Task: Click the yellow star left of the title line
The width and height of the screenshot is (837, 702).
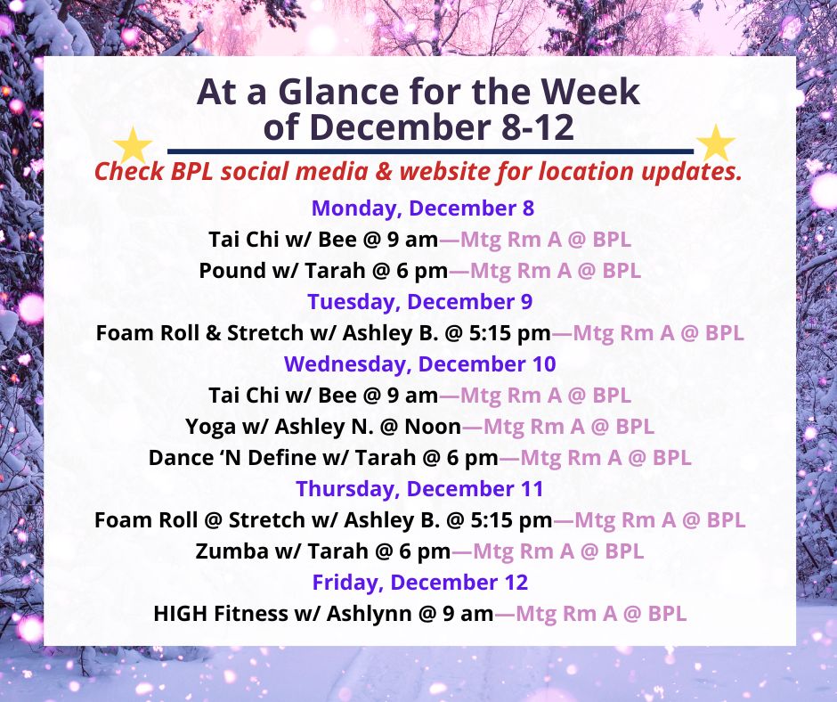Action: point(134,145)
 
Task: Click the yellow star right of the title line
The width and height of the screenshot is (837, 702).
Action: point(715,143)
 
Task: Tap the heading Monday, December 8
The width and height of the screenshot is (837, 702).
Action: point(423,208)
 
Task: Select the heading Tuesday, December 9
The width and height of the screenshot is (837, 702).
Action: point(420,302)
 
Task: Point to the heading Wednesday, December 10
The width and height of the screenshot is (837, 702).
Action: point(420,364)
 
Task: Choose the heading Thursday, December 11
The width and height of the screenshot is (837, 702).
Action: point(419,488)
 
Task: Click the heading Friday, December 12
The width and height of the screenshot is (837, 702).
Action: point(420,583)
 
